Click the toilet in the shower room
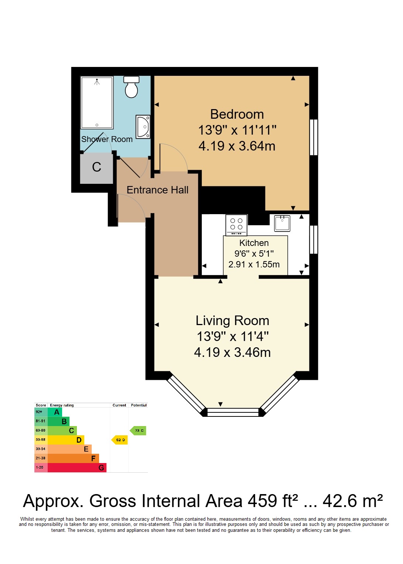(131, 87)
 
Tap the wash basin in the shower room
(143, 126)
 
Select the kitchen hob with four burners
(236, 225)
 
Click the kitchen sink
(282, 223)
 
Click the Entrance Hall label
(158, 190)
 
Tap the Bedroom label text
(237, 114)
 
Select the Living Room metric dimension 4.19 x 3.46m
(232, 352)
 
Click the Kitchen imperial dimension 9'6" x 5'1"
(254, 254)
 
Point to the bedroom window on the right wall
(314, 137)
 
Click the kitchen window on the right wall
(314, 239)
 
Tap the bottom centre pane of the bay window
(233, 412)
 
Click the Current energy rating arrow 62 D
(119, 440)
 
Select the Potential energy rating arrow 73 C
(138, 430)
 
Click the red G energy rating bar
(77, 467)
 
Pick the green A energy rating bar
(55, 412)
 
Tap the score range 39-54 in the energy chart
(41, 449)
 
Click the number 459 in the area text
(262, 501)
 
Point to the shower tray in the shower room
(96, 102)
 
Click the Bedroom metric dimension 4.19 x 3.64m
(237, 146)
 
